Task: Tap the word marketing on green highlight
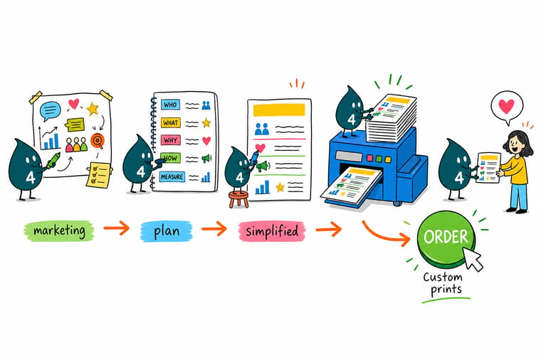[59, 231]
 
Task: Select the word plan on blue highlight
[167, 231]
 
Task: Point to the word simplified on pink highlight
[272, 231]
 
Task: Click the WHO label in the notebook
[170, 105]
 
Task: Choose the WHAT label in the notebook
[170, 122]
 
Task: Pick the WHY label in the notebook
[170, 140]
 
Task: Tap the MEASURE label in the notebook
[172, 176]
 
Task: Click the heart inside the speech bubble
[507, 106]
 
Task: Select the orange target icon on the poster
[98, 141]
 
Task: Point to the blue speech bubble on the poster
[51, 111]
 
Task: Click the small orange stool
[238, 199]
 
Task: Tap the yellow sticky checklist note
[99, 175]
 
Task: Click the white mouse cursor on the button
[473, 259]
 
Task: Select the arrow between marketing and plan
[116, 228]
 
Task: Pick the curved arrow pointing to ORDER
[387, 234]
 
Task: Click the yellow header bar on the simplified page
[279, 110]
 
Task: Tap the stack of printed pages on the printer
[391, 118]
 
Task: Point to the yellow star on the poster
[93, 109]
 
